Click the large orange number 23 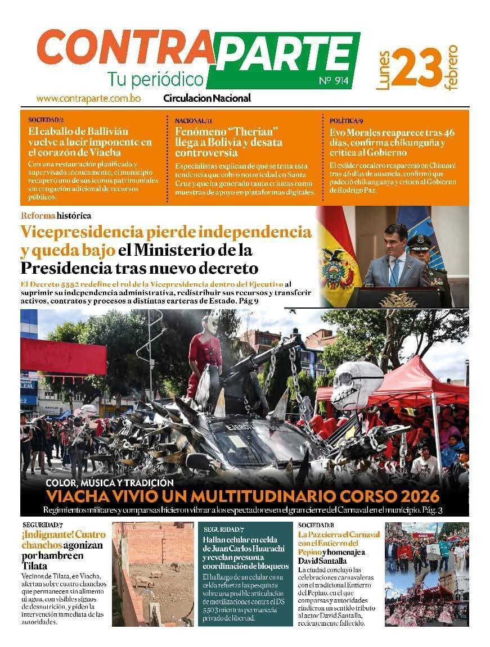[x=416, y=67]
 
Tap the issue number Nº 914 [x=334, y=80]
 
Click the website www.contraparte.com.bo [x=88, y=98]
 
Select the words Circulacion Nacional [x=207, y=98]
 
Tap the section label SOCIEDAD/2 [x=46, y=120]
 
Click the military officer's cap [x=419, y=241]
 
